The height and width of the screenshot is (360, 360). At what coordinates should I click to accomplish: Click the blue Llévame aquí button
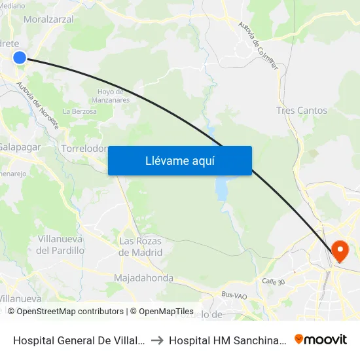coord(180,160)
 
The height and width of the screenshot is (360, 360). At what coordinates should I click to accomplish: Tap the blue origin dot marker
coord(20,58)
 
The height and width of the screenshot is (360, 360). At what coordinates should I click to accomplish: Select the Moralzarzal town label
coord(48,20)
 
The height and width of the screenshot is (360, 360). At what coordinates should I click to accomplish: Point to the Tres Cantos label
coord(302,111)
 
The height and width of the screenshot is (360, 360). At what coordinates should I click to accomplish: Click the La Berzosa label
coord(80,111)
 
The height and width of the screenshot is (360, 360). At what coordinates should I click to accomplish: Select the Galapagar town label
coord(20,147)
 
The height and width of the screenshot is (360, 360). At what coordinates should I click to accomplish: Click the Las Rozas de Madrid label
coord(140,247)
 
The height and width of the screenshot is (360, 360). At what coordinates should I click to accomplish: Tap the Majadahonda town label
coord(143,278)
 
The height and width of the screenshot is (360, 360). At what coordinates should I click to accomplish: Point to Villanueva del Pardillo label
coord(60,244)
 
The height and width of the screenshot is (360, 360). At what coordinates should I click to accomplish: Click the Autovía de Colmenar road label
coord(258,45)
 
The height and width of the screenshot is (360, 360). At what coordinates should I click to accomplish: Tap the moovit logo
coord(321,339)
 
